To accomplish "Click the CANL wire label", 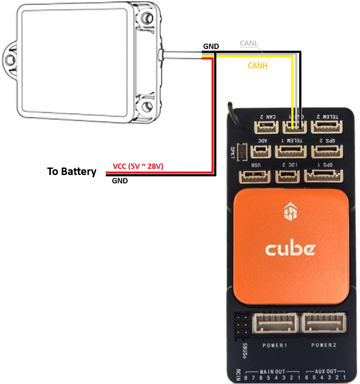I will click(249, 44).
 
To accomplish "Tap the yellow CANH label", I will click(257, 66).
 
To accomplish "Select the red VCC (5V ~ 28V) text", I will click(138, 166).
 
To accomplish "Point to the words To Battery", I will click(72, 171).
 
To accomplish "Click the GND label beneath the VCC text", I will click(119, 181).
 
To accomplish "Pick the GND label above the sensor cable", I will click(211, 46).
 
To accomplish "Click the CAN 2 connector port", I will click(266, 127).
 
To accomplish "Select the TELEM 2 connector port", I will click(325, 127).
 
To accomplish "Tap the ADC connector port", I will click(260, 152).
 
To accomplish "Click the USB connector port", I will click(251, 176).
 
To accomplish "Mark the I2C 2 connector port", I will click(287, 176).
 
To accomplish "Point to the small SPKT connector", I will click(241, 152).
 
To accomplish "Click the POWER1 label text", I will click(275, 345).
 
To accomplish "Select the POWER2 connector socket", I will click(323, 325).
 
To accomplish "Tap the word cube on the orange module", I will click(290, 249).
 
